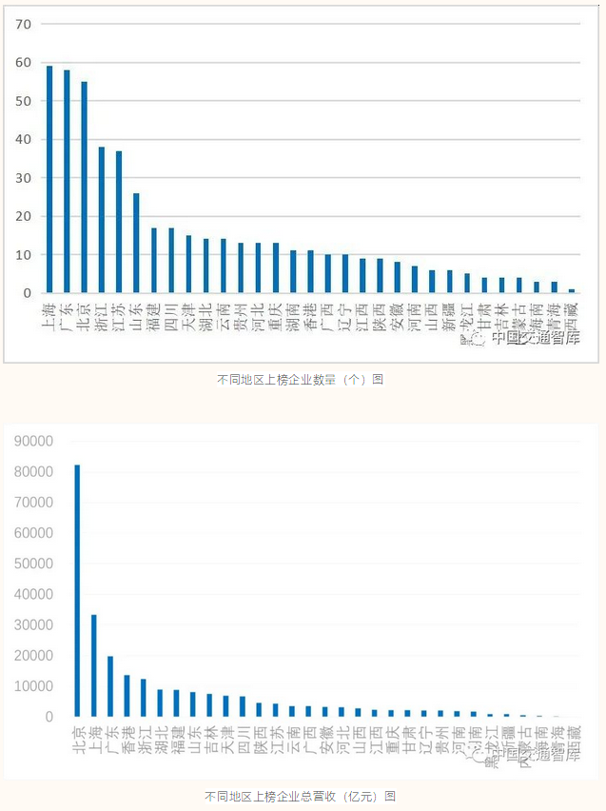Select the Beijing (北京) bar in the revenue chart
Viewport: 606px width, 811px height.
[77, 590]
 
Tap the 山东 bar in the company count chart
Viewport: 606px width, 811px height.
[136, 243]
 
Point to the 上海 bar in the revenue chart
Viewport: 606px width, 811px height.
[94, 665]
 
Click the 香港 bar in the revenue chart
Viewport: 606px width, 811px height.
[127, 695]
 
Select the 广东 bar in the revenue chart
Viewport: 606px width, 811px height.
[110, 685]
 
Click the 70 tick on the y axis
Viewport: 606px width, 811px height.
[25, 23]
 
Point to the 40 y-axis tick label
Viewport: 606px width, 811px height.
[25, 139]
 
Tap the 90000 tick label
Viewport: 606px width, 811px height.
[33, 441]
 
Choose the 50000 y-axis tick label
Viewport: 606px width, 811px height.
[33, 564]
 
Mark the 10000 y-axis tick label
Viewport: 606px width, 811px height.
[33, 686]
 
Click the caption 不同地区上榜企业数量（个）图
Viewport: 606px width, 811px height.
[301, 380]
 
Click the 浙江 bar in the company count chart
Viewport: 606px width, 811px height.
[102, 220]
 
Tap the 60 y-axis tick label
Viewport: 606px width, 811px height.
[25, 62]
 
